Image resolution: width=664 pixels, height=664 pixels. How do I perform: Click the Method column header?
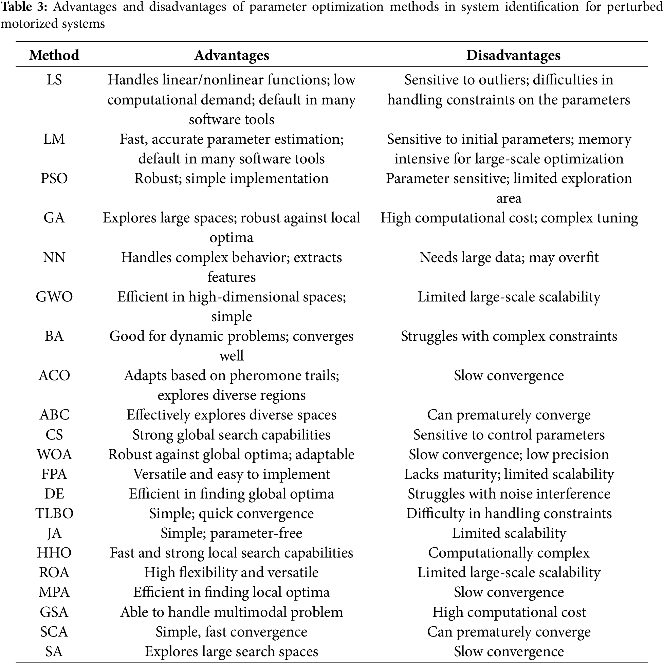pos(54,55)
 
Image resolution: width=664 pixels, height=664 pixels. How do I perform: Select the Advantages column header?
pos(232,55)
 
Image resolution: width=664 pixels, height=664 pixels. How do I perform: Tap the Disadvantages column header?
pos(513,55)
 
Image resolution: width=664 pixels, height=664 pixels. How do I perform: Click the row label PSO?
pos(54,179)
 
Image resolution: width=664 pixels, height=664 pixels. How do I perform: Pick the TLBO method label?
pos(54,513)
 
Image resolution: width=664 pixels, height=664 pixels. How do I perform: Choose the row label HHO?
pos(54,553)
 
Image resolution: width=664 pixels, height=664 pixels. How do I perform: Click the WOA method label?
pos(54,454)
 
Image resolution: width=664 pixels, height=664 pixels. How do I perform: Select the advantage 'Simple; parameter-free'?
pos(231,533)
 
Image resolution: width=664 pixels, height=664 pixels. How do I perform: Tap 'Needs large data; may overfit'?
pos(509,257)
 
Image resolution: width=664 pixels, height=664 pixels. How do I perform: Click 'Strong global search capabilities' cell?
pos(231,435)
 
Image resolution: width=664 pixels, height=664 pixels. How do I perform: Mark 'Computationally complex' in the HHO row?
pos(509,553)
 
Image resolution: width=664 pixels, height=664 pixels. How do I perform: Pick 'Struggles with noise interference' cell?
pos(509,494)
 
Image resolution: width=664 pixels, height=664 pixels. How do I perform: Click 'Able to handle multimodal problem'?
pos(231,612)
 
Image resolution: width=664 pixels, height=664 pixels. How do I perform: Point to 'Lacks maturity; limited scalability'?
pos(509,474)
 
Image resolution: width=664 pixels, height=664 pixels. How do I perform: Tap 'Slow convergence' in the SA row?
pos(509,651)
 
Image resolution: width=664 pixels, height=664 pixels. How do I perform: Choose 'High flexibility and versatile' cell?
pos(231,572)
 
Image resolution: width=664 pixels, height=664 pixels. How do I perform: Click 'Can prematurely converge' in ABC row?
pos(509,415)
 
